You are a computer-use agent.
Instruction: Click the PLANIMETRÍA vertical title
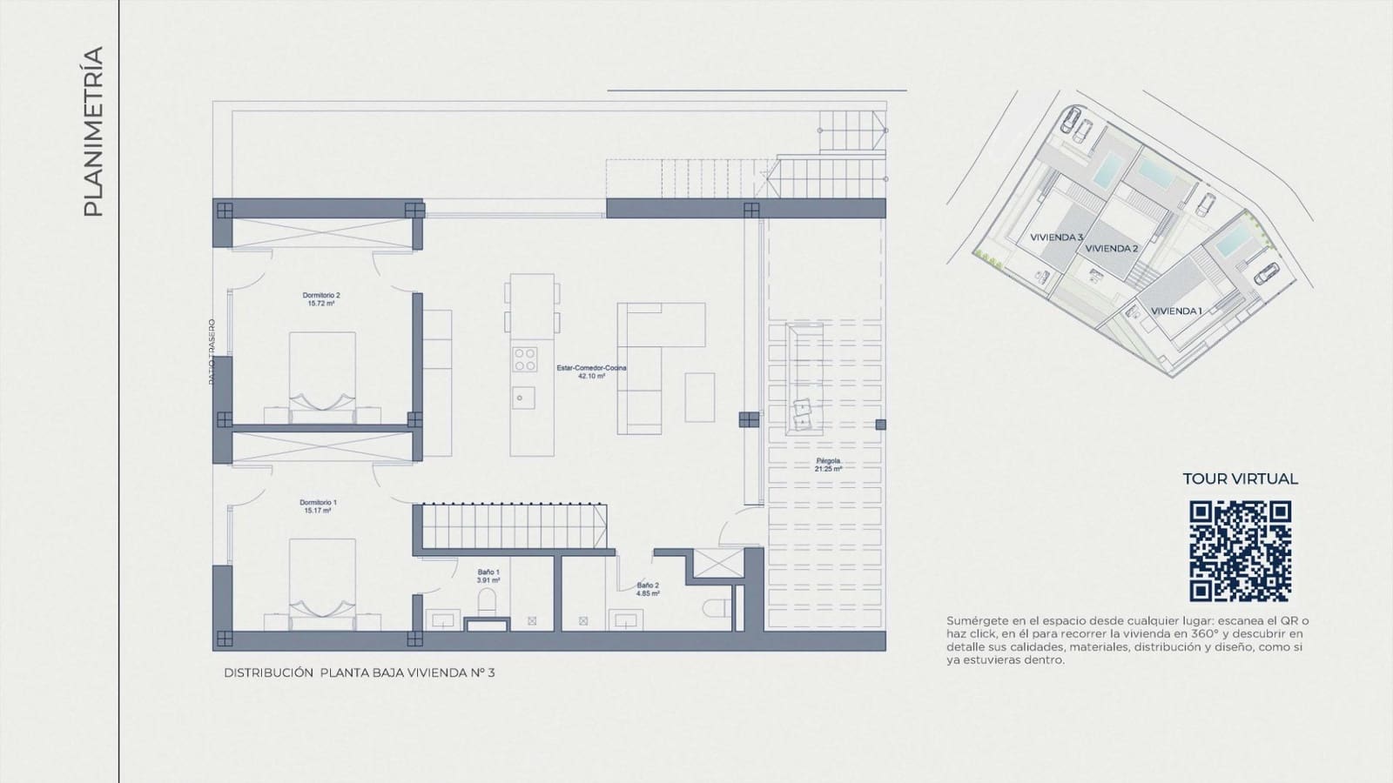pos(92,131)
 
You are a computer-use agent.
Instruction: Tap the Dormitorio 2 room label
pos(321,299)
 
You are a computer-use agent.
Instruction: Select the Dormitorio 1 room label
pos(318,506)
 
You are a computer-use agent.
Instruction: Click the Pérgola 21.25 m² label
pos(828,465)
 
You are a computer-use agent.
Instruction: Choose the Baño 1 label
pos(488,576)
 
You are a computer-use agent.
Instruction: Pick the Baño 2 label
pos(647,590)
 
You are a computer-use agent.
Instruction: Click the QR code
pos(1240,551)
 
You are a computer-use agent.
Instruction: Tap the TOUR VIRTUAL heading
pos(1240,478)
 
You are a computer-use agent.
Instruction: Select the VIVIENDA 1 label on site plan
pos(1176,311)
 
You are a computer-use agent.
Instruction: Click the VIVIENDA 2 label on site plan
pos(1112,249)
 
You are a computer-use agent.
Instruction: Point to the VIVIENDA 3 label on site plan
pos(1056,238)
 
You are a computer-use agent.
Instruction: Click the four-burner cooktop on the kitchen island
pos(524,358)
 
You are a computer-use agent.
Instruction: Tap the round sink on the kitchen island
pos(522,398)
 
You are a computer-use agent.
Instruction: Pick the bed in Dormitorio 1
pos(322,583)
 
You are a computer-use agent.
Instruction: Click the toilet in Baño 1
pos(487,602)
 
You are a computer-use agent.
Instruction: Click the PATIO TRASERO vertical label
pos(211,351)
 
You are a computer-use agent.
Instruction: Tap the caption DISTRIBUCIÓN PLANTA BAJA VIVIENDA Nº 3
pos(359,673)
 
